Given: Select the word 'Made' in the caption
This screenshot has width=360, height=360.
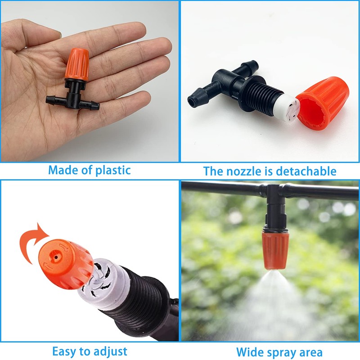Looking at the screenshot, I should (62, 170).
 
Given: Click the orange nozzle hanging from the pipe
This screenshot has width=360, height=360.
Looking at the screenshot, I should (273, 249).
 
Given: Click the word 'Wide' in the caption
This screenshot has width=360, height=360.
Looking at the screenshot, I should (250, 352).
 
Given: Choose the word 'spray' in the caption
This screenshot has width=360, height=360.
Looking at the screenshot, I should (282, 352).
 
